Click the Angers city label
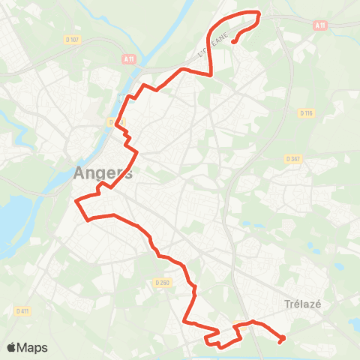(x=103, y=172)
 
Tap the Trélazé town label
(x=304, y=304)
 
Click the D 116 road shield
(x=305, y=113)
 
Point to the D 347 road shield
(x=293, y=159)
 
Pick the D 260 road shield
(x=163, y=282)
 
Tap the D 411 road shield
(x=22, y=310)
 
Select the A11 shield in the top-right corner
(x=321, y=25)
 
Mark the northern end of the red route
(x=233, y=42)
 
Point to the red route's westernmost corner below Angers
(x=76, y=201)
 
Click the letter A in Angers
(x=80, y=172)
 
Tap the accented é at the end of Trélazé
(x=319, y=304)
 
